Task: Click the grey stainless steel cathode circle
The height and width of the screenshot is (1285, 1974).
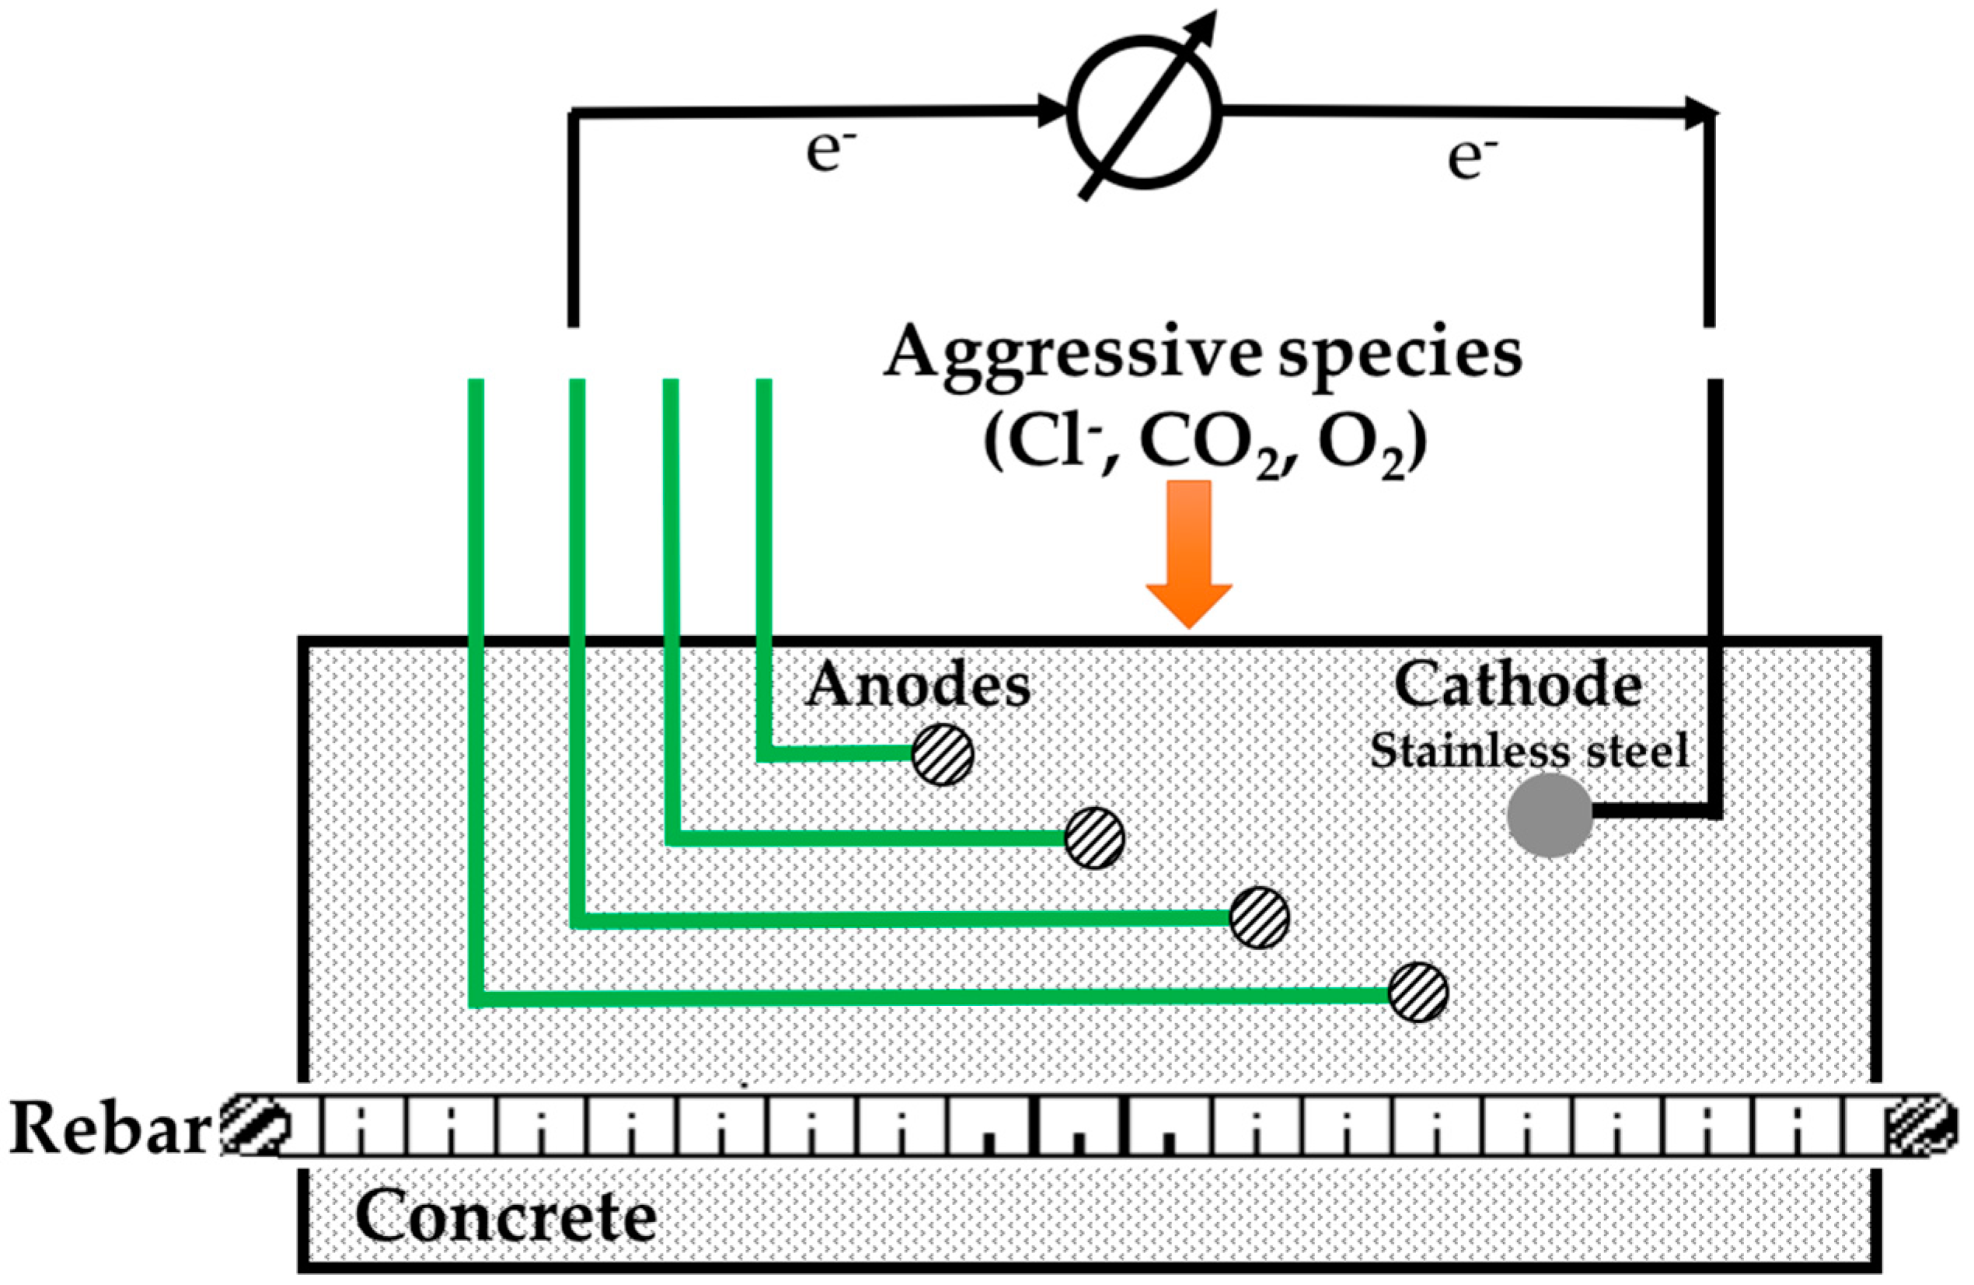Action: [1550, 815]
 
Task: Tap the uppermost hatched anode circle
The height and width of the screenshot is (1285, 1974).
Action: [942, 754]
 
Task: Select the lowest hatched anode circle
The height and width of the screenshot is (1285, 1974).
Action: [1418, 992]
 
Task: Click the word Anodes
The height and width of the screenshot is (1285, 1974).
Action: [918, 686]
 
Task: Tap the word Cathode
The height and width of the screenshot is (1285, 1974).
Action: [1518, 685]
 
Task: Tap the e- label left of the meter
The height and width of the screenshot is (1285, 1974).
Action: [829, 153]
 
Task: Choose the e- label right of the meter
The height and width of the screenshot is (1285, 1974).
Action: [1472, 159]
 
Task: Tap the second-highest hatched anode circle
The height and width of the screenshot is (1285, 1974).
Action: [1095, 838]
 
